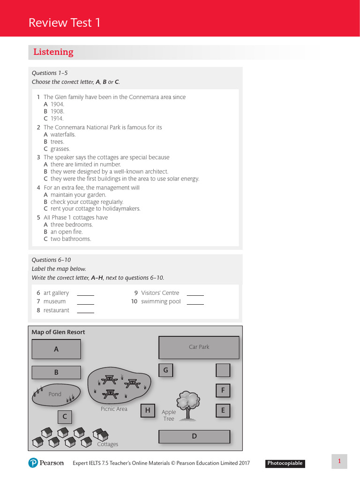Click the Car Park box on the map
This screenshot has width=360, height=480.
point(199,347)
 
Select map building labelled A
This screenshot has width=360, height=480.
point(56,349)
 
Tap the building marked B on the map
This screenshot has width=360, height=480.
point(56,373)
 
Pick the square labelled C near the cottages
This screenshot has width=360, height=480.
point(65,417)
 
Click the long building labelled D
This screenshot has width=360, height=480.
point(194,436)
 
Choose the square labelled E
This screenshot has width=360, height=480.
point(223,411)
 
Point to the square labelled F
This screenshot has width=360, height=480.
point(223,390)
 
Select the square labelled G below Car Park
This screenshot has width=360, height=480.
point(165,370)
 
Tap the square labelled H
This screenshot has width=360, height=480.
point(148,411)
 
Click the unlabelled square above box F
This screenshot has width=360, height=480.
point(223,370)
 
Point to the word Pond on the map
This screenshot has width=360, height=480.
point(55,394)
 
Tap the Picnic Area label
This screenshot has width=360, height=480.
point(114,409)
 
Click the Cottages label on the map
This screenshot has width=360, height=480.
point(107,444)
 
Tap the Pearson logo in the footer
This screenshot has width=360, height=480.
point(46,463)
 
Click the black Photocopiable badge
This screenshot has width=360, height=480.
point(285,464)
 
